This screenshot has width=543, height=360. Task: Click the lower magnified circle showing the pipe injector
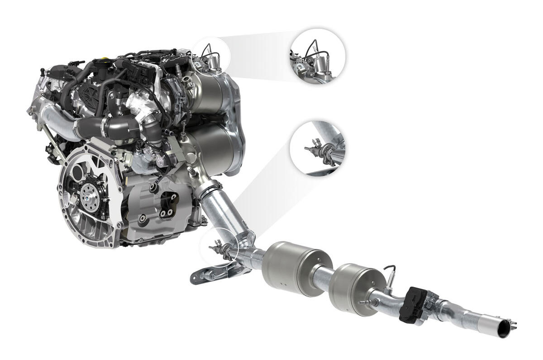tap(318, 148)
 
